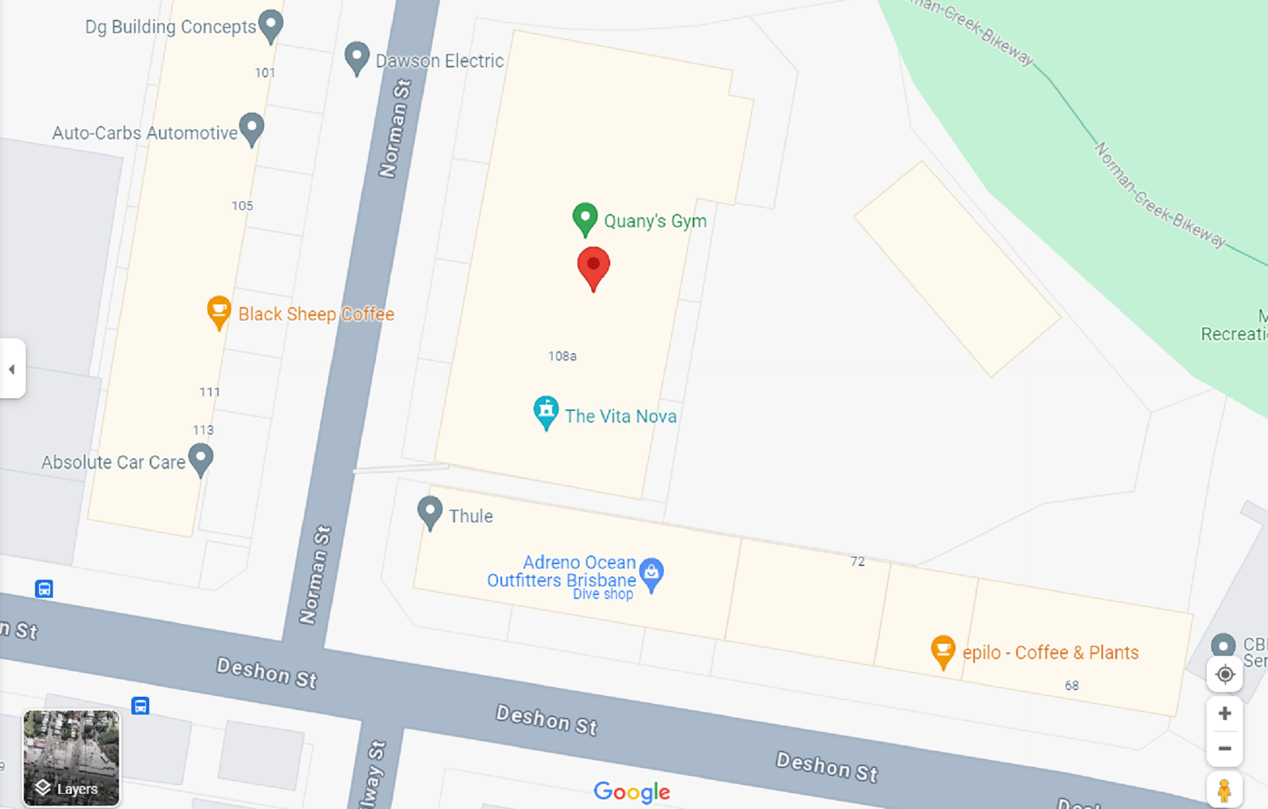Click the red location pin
[x=593, y=266]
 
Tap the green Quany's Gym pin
[x=584, y=218]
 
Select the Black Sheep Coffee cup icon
[x=219, y=311]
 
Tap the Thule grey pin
[x=430, y=512]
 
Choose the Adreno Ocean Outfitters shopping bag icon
[x=651, y=573]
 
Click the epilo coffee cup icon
[x=943, y=650]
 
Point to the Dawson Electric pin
[x=357, y=57]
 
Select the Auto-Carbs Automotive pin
[x=252, y=127]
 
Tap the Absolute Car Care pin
[x=201, y=458]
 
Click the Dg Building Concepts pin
[x=271, y=25]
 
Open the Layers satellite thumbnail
[x=71, y=757]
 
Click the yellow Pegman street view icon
[x=1224, y=790]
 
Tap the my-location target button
[x=1224, y=674]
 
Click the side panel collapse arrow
[x=12, y=369]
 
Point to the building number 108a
[x=562, y=357]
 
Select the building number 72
[x=857, y=561]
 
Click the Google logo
[x=631, y=791]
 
